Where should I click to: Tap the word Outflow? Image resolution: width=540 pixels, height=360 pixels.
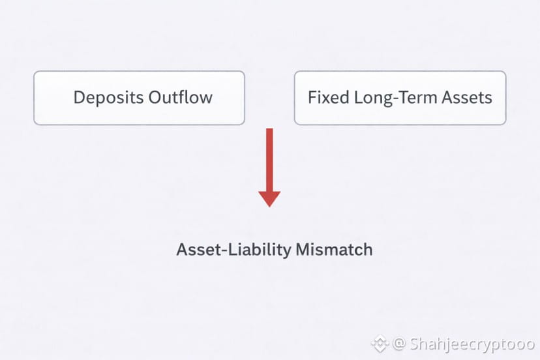(x=181, y=97)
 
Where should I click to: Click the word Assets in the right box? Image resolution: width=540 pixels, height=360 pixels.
(x=467, y=97)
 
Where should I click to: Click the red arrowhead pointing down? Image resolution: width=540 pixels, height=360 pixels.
(x=269, y=199)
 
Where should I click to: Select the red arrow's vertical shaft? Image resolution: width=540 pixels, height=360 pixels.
(x=269, y=160)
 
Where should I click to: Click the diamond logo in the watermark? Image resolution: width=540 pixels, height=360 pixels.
(x=380, y=344)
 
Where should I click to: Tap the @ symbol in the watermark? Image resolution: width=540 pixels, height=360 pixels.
(x=398, y=344)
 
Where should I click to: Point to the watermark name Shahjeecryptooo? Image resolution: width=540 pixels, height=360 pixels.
(x=472, y=344)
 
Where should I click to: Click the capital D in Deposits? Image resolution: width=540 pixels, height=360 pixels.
(x=79, y=97)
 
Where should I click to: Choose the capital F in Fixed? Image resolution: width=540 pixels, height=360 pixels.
(x=312, y=97)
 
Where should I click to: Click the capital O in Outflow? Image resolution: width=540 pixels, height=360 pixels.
(x=155, y=97)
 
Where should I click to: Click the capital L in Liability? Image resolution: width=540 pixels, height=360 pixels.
(x=232, y=249)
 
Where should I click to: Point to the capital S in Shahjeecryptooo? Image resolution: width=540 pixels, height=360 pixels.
(x=415, y=344)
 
